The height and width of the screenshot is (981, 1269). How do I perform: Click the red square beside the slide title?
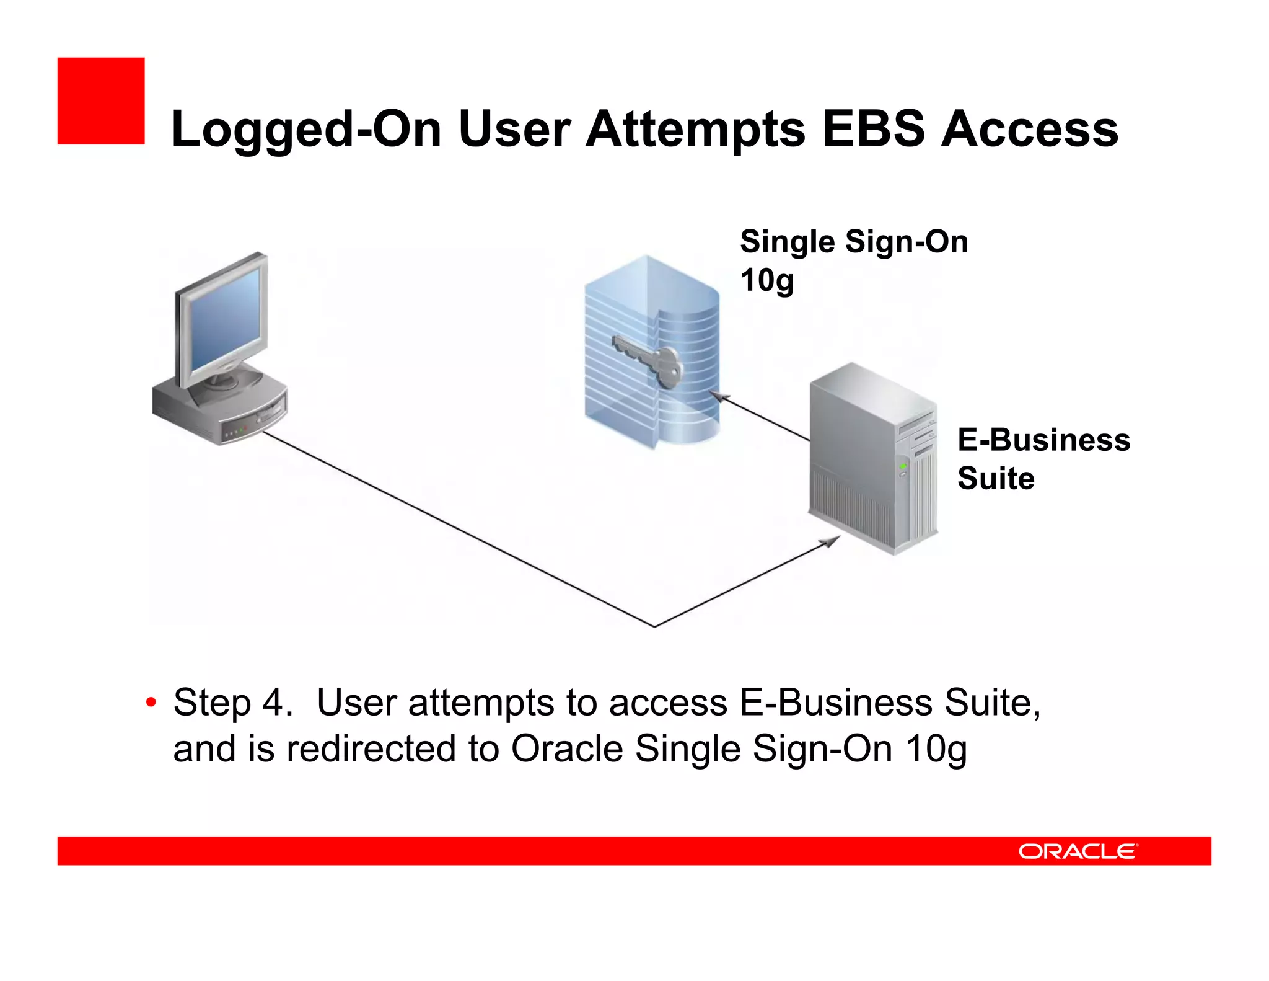101,101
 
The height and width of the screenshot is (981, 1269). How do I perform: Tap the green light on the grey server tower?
903,466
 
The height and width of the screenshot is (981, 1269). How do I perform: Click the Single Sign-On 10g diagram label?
853,260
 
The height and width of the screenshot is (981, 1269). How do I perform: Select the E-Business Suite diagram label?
1043,459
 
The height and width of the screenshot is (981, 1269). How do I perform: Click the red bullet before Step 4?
151,703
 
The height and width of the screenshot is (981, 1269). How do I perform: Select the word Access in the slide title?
1029,129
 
